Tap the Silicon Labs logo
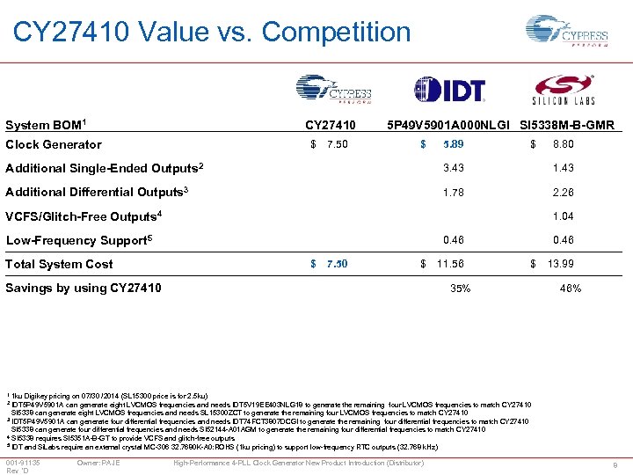pos(563,91)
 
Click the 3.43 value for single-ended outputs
pos(454,168)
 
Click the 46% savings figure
pos(571,288)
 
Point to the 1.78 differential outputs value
pos(454,192)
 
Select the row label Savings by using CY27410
pos(84,288)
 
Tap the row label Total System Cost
pos(60,264)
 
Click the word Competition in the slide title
pos(337,33)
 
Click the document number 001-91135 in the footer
pos(21,462)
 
